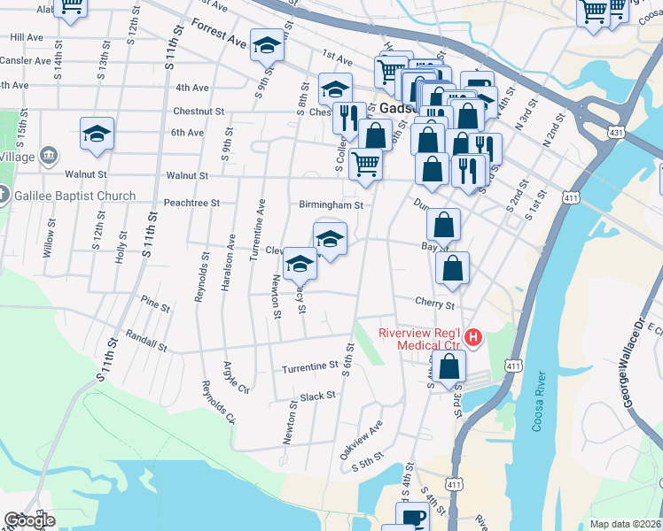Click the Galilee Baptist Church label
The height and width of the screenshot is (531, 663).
click(80, 196)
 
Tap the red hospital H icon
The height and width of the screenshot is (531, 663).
click(473, 337)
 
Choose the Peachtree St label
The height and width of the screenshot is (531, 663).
click(191, 203)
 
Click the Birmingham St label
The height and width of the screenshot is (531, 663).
click(331, 205)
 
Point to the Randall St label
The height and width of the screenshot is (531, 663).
click(146, 340)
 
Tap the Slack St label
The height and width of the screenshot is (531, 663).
click(316, 396)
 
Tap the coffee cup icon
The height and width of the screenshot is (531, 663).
click(414, 519)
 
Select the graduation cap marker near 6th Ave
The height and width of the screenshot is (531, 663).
click(97, 134)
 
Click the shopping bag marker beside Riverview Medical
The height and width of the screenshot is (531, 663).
click(450, 366)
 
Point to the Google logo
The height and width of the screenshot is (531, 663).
click(28, 520)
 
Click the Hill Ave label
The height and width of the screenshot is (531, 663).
click(27, 38)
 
